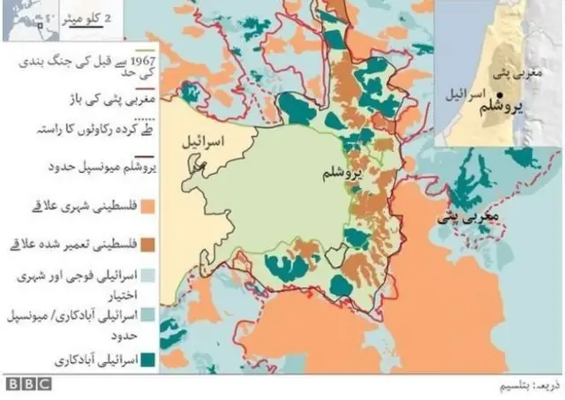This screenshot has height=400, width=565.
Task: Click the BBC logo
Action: click(x=29, y=385)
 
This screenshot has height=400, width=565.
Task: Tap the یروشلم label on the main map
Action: click(x=341, y=177)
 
